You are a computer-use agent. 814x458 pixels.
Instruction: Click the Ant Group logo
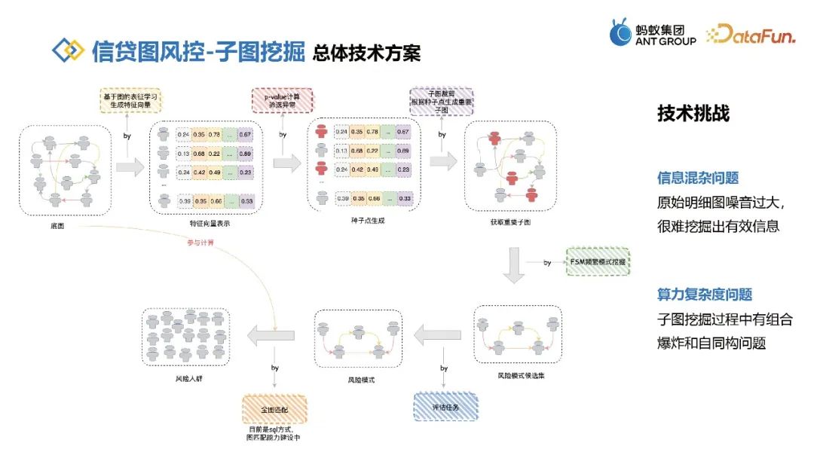[652, 32]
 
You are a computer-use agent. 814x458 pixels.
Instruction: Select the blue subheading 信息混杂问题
[698, 179]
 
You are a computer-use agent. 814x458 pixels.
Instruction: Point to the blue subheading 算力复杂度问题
[705, 295]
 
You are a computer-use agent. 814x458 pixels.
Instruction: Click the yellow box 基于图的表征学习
[131, 99]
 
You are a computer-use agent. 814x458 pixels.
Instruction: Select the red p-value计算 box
[282, 99]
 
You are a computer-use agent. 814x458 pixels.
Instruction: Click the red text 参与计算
[200, 243]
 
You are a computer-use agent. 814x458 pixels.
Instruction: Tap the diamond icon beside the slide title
[68, 51]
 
